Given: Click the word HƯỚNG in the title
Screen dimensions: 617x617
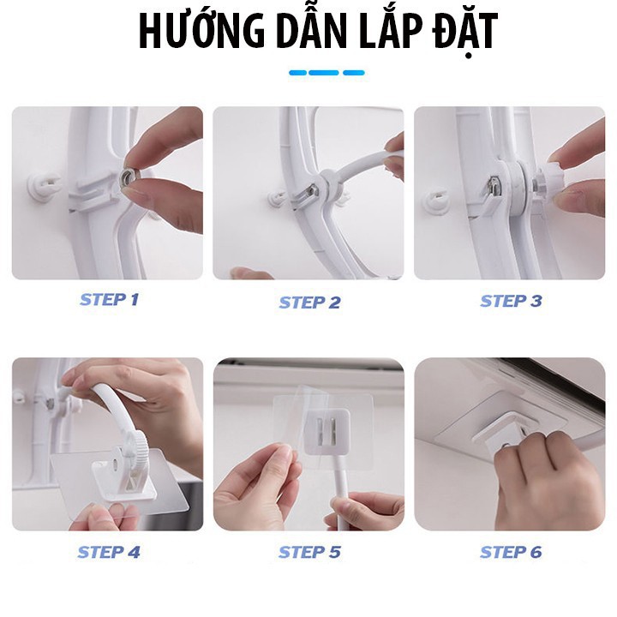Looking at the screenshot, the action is click(201, 31).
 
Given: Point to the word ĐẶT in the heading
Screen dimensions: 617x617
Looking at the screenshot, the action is click(464, 33).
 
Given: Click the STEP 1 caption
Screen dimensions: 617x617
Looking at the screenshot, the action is click(109, 300).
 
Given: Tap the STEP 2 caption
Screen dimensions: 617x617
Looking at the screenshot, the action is click(309, 303).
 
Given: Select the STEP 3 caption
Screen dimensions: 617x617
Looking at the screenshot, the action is click(511, 301).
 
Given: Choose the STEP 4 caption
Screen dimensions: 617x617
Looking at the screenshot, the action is click(109, 552).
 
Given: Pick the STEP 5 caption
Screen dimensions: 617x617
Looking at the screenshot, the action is click(309, 552).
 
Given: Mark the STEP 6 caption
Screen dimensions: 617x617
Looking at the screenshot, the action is click(511, 552).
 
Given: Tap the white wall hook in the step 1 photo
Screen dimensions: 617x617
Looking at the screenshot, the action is click(44, 186).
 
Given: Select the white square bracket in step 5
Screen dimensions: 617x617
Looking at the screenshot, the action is click(326, 430).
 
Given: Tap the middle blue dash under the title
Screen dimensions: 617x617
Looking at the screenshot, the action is click(323, 73).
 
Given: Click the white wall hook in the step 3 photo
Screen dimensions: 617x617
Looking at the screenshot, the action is click(437, 201).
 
